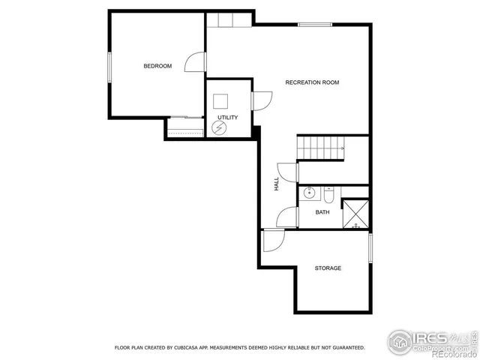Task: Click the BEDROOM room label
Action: (157, 66)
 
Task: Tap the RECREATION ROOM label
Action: (312, 82)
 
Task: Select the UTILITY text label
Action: (227, 118)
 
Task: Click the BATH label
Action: (322, 212)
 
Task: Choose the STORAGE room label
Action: (328, 268)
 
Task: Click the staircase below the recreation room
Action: (321, 148)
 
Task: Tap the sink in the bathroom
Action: (309, 194)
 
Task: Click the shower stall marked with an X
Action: (355, 213)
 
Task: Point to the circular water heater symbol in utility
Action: (219, 128)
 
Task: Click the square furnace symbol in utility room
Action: (220, 101)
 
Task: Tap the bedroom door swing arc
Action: (194, 62)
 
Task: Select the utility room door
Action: (262, 100)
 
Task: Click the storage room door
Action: (274, 239)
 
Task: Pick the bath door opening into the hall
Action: (287, 217)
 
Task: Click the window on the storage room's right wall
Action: (370, 247)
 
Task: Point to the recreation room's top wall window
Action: (315, 25)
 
